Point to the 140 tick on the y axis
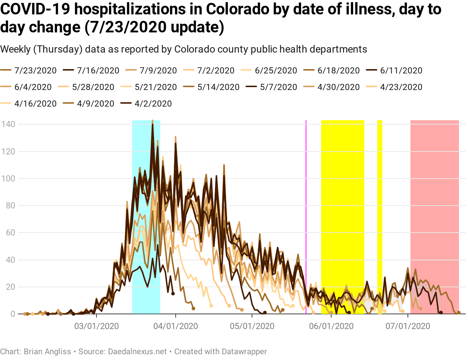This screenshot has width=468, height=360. (x=8, y=124)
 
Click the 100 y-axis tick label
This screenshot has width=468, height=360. (x=8, y=179)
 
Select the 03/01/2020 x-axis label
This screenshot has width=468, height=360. (x=96, y=327)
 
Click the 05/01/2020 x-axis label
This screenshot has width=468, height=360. (x=252, y=327)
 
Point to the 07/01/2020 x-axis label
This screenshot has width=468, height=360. (x=408, y=327)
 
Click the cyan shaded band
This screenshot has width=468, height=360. (x=146, y=216)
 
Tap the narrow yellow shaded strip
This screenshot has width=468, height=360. (x=379, y=216)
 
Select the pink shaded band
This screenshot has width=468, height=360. (x=435, y=216)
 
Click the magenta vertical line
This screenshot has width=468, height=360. (x=306, y=216)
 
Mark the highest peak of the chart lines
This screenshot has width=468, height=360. (x=153, y=121)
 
